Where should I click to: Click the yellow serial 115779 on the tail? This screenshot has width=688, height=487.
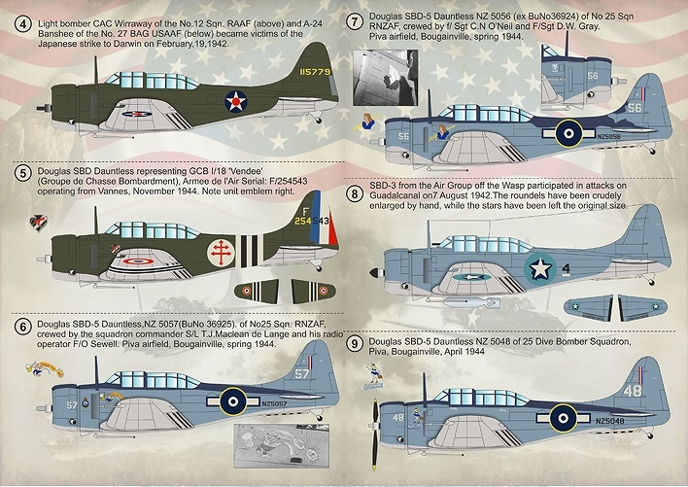(x=313, y=71)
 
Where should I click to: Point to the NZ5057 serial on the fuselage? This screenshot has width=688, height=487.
(x=278, y=400)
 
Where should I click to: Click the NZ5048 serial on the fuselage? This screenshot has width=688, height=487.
(x=612, y=421)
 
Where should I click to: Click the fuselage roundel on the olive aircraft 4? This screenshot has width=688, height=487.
(x=236, y=100)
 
